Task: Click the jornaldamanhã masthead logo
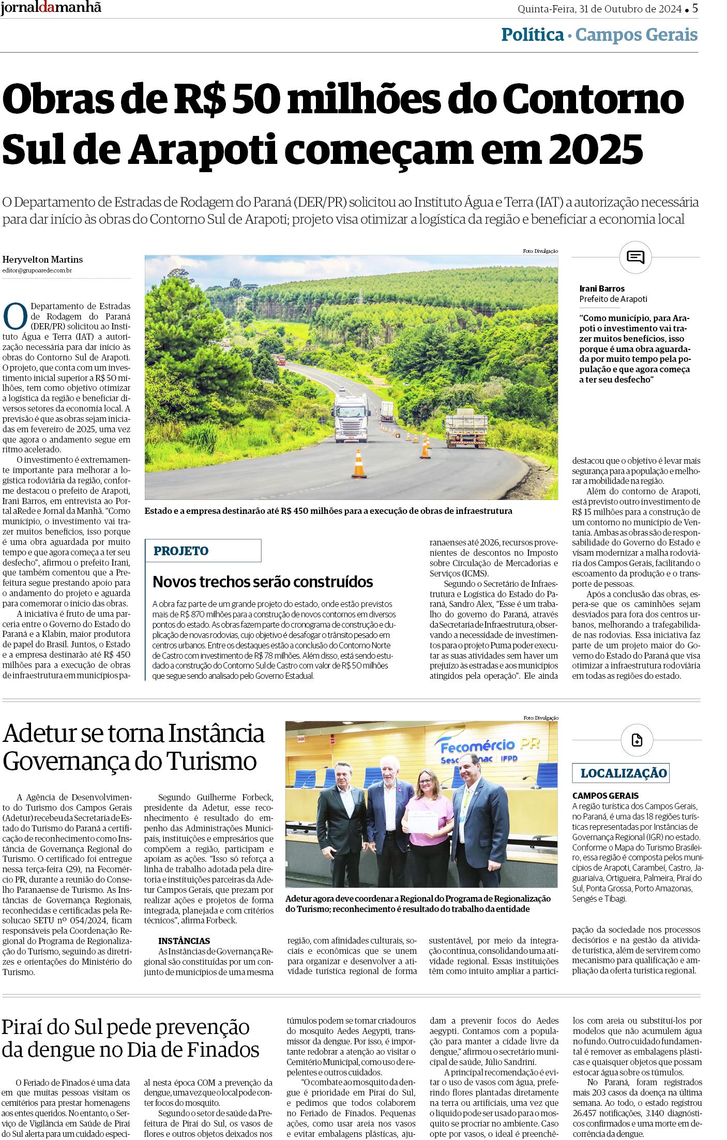[51, 8]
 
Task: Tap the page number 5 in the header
[695, 8]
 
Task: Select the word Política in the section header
[532, 35]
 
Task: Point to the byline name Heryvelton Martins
[42, 260]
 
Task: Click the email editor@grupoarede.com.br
[37, 270]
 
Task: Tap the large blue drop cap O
[15, 316]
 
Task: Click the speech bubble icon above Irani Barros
[635, 256]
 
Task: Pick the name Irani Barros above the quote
[602, 288]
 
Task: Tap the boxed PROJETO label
[181, 551]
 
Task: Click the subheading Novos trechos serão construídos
[263, 582]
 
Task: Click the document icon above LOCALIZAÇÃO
[637, 740]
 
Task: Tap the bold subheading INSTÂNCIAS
[184, 941]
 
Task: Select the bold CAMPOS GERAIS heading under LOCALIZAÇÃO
[605, 796]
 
